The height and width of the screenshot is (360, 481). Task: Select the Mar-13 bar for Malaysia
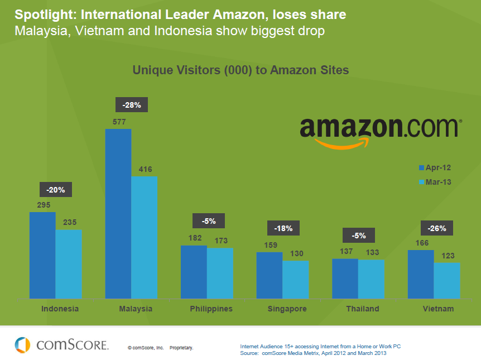(x=144, y=237)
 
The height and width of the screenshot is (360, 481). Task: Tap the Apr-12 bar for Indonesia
(x=42, y=255)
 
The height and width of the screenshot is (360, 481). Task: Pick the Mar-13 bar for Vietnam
(x=447, y=281)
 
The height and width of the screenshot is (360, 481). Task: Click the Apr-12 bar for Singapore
(x=270, y=275)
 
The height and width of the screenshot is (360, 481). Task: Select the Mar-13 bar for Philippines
(x=220, y=273)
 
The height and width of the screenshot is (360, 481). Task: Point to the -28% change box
(x=131, y=105)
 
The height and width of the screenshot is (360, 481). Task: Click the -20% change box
(x=55, y=190)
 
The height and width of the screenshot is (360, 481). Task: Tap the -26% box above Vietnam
(x=436, y=228)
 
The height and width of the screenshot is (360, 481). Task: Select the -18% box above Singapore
(x=284, y=228)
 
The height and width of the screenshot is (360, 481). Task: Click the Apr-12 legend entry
(x=435, y=167)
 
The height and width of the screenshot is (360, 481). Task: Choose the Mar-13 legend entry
(x=435, y=182)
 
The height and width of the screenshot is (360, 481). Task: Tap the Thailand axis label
(x=362, y=309)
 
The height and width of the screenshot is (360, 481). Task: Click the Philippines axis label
(x=211, y=309)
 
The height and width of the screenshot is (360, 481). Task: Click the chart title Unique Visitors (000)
(x=240, y=70)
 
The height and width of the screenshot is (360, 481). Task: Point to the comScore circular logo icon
(x=23, y=344)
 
